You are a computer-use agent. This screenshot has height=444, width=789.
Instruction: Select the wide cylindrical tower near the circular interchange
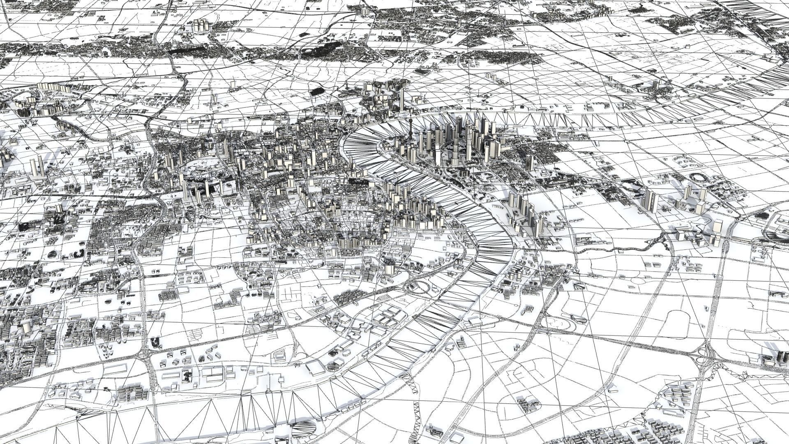(x=388, y=267)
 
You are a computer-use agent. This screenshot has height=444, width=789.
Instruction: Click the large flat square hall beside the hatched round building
(x=316, y=368)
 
